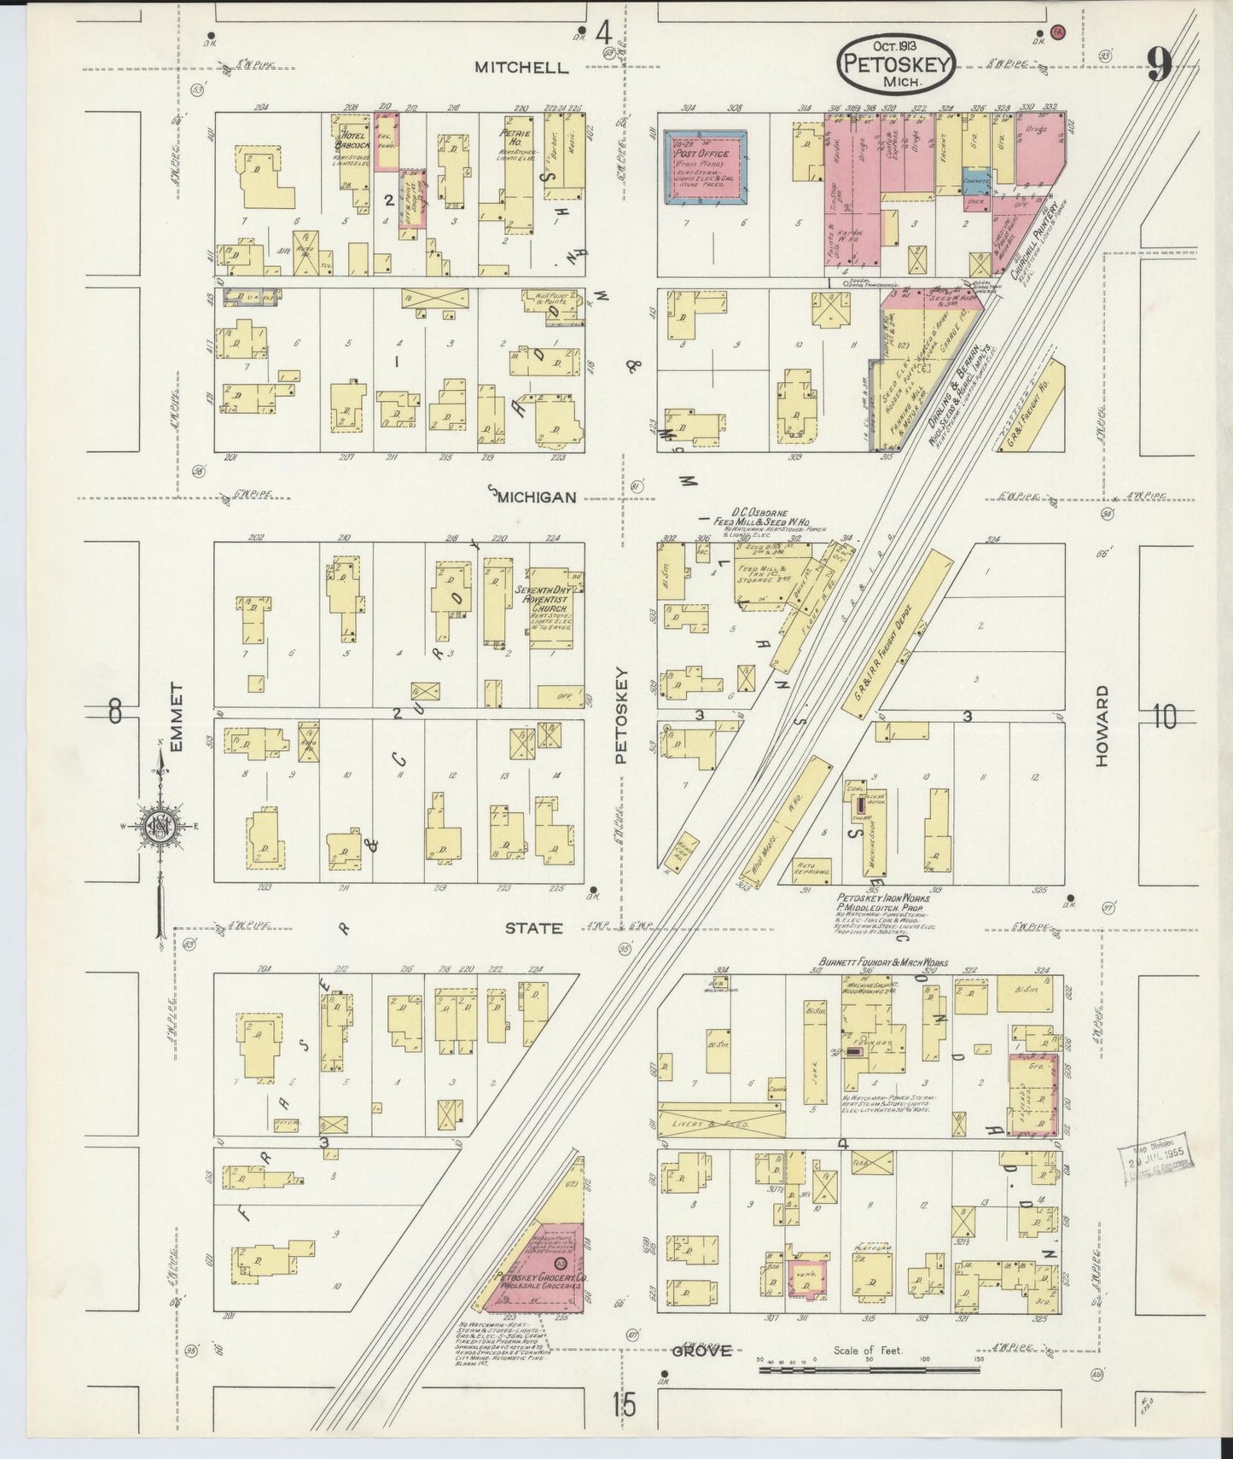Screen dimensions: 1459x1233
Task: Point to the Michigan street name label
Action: (538, 497)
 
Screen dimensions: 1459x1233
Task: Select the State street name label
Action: (532, 927)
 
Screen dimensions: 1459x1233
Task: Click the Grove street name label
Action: (701, 1350)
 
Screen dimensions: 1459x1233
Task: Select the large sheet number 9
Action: (1159, 63)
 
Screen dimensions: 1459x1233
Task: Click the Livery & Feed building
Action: (722, 1124)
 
